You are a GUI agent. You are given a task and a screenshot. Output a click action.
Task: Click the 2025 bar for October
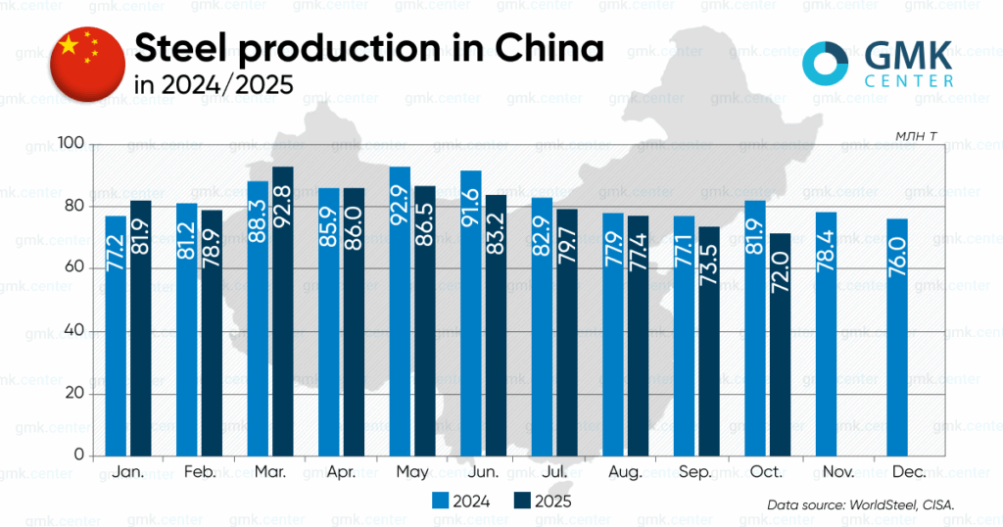point(780,344)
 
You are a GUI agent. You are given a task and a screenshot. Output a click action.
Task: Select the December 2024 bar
point(897,337)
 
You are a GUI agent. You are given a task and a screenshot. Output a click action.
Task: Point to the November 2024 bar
point(826,333)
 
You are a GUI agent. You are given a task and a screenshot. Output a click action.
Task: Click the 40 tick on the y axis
point(76,331)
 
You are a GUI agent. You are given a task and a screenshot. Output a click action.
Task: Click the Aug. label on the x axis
point(623,472)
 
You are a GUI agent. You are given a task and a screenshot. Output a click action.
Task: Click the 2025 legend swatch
point(521,501)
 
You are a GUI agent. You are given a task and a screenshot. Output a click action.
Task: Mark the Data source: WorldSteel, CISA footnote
point(859,504)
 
